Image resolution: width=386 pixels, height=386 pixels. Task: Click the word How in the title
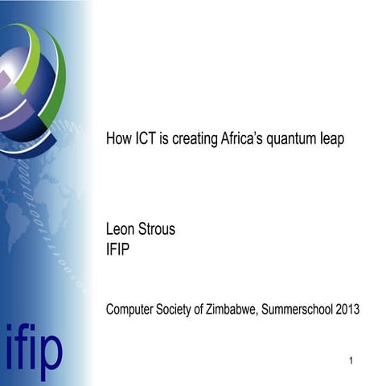[117, 139]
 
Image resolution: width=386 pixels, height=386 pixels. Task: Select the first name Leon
[119, 230]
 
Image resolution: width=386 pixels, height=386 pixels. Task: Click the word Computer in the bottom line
[131, 308]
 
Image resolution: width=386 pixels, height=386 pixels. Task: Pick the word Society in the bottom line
[179, 308]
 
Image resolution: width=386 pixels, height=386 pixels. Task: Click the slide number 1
[352, 359]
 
